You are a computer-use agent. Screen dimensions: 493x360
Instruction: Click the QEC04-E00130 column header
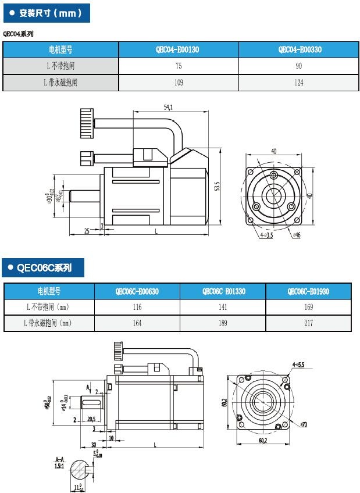click(x=179, y=50)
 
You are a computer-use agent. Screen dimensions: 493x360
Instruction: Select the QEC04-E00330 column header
click(x=299, y=50)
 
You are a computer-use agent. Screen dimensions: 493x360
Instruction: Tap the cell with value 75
click(x=179, y=66)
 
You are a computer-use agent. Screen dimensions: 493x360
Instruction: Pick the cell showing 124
click(x=299, y=83)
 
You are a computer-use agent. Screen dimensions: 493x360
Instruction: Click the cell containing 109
click(x=179, y=83)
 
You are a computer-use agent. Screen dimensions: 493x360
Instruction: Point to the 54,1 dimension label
click(x=169, y=107)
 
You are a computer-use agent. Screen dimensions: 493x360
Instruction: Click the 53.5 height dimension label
click(x=217, y=187)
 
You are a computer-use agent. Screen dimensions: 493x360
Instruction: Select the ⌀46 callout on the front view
click(x=297, y=235)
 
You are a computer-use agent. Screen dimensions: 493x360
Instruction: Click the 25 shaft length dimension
click(x=86, y=231)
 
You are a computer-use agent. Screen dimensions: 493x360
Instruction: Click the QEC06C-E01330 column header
click(x=223, y=291)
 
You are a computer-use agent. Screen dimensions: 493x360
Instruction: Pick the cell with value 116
click(x=137, y=306)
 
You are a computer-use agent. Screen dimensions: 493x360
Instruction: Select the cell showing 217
click(x=308, y=323)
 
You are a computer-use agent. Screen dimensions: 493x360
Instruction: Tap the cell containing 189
click(x=223, y=323)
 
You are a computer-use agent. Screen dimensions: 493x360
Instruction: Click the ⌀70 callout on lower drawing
click(x=304, y=425)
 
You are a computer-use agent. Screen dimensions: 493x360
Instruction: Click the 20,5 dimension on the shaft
click(x=91, y=419)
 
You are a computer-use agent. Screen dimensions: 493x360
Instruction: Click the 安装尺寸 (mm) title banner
click(x=46, y=12)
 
